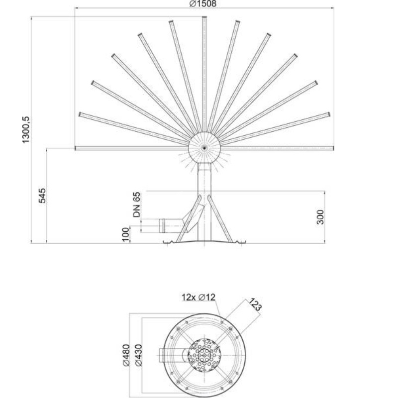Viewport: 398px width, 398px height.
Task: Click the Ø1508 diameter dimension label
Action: click(x=203, y=3)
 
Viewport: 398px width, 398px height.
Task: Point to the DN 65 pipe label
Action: click(x=137, y=205)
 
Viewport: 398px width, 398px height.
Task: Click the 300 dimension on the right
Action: click(x=321, y=217)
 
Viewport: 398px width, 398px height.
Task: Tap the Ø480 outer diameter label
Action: click(x=125, y=355)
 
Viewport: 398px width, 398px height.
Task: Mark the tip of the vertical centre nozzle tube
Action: click(x=204, y=18)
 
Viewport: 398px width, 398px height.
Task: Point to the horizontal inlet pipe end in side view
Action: click(x=161, y=225)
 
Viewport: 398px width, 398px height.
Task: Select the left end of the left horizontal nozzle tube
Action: click(x=76, y=148)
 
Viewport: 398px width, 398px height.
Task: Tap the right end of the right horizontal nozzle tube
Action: click(x=332, y=148)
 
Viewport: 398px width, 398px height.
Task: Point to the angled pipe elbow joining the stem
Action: click(x=191, y=216)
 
